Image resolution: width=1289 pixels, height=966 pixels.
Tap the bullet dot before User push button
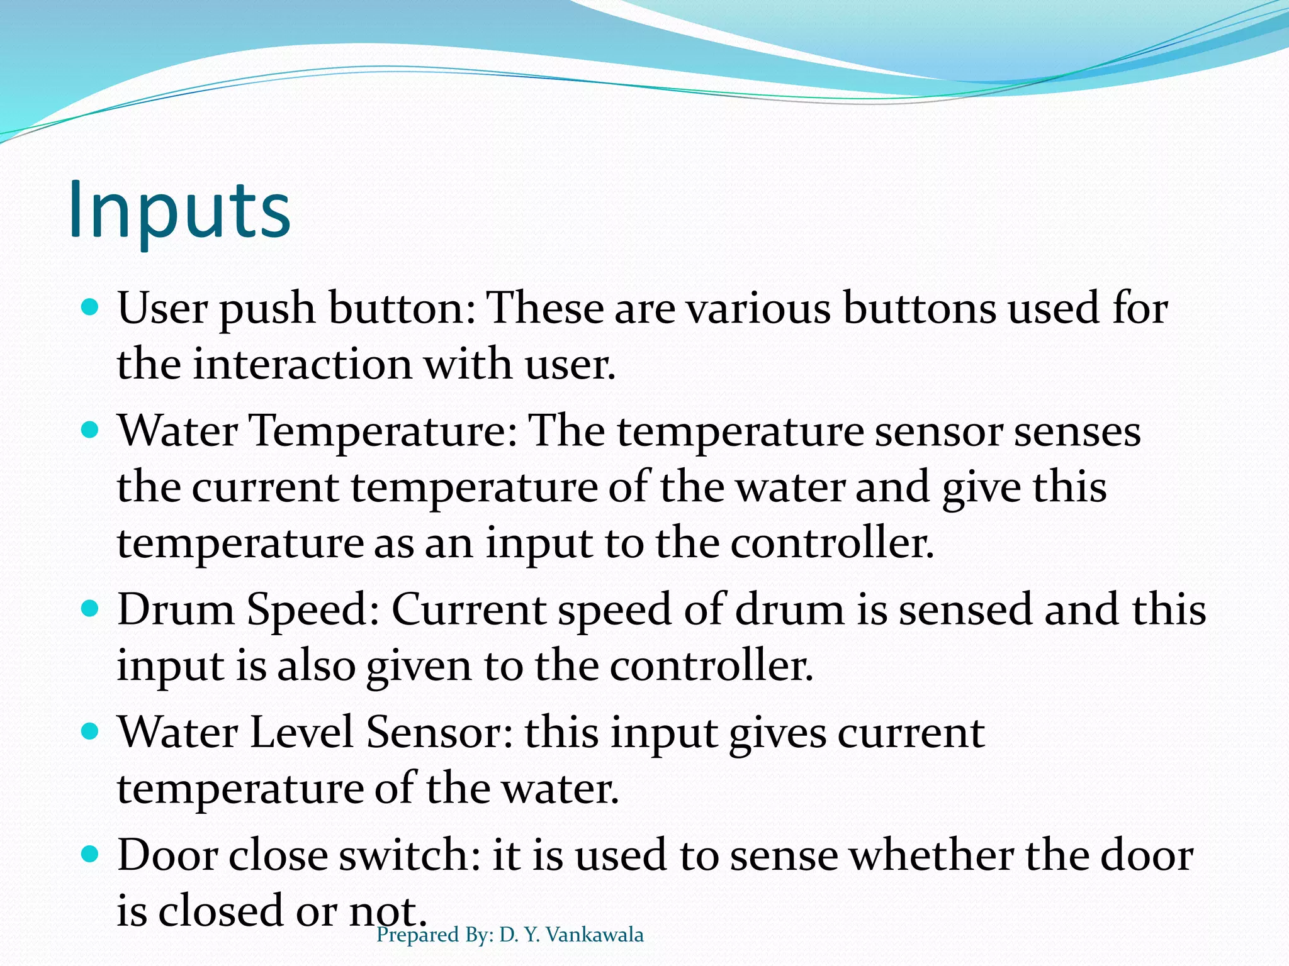(x=91, y=308)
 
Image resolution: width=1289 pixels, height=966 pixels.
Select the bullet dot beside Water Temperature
(x=91, y=430)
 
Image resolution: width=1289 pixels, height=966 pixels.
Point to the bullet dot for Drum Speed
(x=91, y=608)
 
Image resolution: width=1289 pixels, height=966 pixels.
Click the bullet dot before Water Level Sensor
(x=91, y=731)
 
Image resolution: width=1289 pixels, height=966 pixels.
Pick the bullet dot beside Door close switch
(x=91, y=854)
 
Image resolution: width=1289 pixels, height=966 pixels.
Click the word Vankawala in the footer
(x=595, y=935)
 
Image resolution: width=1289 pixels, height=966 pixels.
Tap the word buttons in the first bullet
(x=920, y=309)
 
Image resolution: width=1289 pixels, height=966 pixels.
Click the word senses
(x=1077, y=432)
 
